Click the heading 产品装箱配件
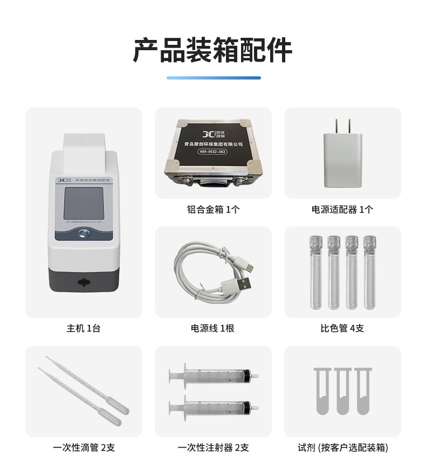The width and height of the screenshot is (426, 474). [x=212, y=51]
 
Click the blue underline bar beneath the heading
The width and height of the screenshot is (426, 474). [x=213, y=78]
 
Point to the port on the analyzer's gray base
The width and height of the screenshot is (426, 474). [x=83, y=281]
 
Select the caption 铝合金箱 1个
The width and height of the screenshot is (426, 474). [x=213, y=209]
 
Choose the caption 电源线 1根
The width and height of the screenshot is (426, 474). [x=213, y=328]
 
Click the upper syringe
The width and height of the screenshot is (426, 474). [x=213, y=374]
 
